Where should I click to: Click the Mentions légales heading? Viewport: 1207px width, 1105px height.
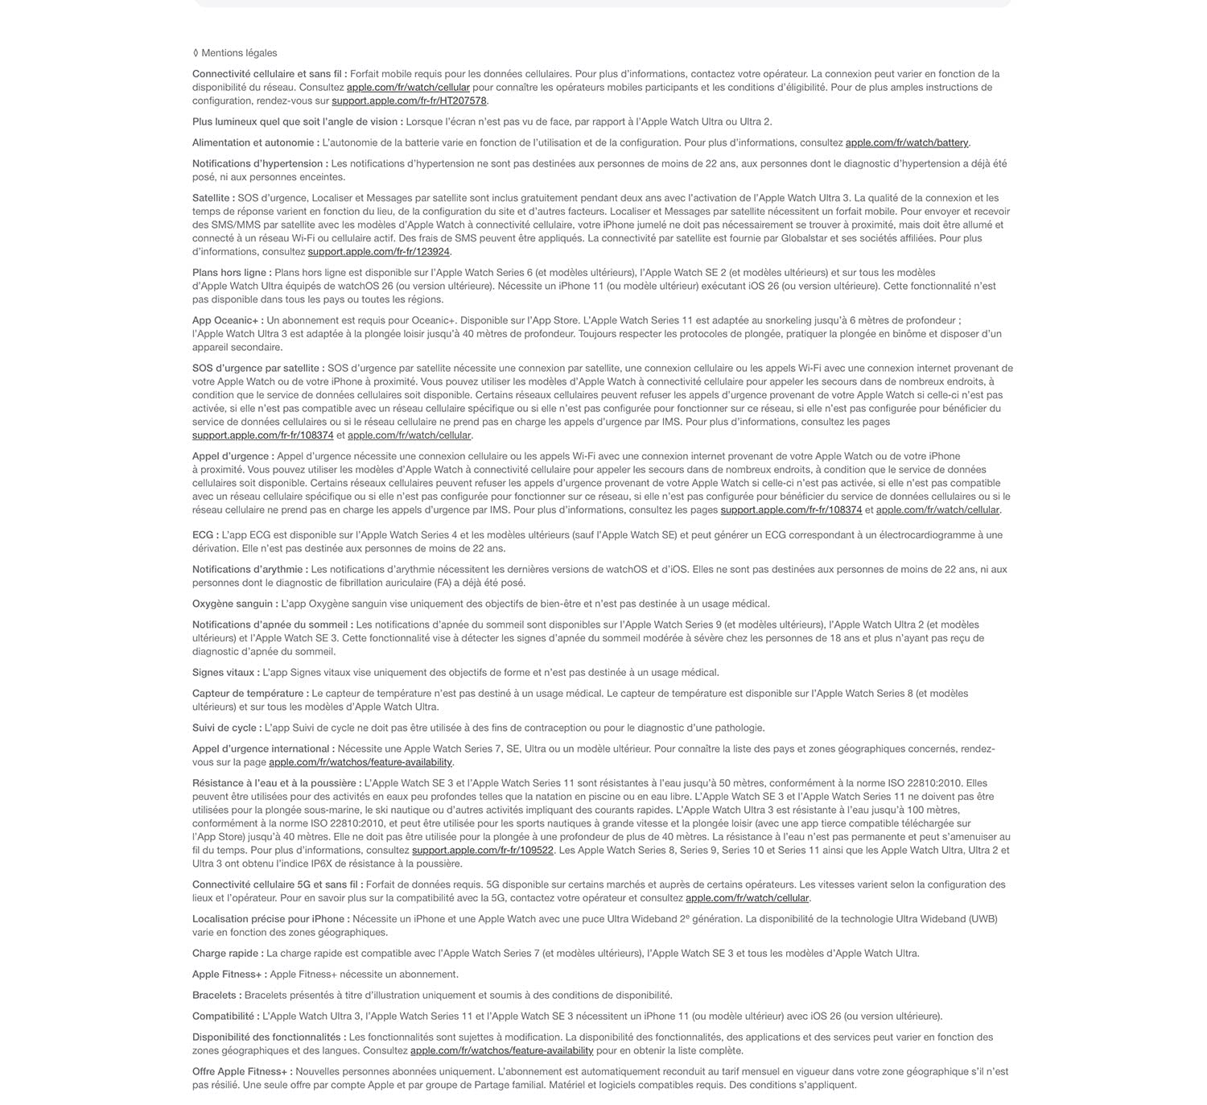click(x=238, y=53)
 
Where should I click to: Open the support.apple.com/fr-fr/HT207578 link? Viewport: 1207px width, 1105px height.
click(x=409, y=101)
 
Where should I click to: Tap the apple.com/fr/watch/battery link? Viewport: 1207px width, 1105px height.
click(x=907, y=143)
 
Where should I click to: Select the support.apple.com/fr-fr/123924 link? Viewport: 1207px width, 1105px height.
click(x=378, y=252)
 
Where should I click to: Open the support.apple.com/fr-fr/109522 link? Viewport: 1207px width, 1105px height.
click(x=482, y=851)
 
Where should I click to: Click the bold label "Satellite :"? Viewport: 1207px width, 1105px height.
click(x=213, y=198)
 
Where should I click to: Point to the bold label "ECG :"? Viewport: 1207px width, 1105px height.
click(x=205, y=535)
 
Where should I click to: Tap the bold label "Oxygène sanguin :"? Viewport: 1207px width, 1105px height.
click(x=235, y=604)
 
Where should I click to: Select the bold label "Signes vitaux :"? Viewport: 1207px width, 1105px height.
click(x=226, y=673)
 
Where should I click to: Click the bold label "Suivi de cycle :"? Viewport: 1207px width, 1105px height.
click(x=227, y=728)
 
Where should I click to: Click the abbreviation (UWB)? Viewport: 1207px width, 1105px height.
click(x=982, y=919)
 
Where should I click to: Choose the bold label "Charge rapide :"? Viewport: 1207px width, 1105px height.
click(x=228, y=954)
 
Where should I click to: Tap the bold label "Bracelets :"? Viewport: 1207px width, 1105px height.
click(x=216, y=996)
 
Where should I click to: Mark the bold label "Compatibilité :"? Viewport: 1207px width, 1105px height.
click(x=225, y=1016)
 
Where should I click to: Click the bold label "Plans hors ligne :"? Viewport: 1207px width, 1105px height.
click(x=232, y=273)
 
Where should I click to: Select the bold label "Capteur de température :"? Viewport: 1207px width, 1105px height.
click(x=250, y=694)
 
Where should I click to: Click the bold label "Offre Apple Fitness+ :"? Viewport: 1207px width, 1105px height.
click(x=242, y=1072)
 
